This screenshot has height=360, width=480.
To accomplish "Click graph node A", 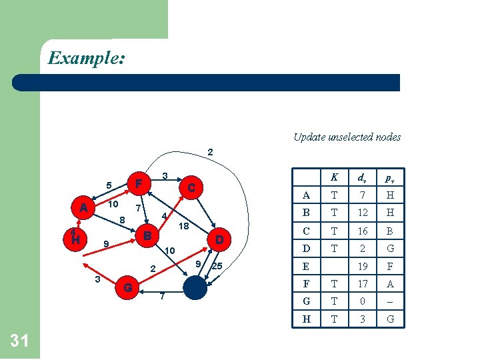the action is coord(83,208).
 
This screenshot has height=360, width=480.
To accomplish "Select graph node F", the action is coord(138,183).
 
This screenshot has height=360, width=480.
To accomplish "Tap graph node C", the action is coord(191,188).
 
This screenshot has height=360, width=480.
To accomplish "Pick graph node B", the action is coord(148,235).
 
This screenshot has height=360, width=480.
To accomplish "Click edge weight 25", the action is coord(217,267).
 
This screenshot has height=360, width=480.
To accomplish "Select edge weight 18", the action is coord(184,227).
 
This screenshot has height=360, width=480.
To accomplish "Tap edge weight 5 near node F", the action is coord(108,185).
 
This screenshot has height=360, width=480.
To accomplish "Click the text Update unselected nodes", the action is coord(347,137).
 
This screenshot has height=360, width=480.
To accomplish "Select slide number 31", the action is coord(19,341).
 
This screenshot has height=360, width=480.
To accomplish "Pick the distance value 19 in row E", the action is coord(363,265).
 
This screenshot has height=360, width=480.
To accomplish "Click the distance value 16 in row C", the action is coord(363,231).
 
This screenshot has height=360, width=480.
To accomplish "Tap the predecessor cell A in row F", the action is coord(391,283).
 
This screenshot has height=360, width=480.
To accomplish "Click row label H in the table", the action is coord(306,319).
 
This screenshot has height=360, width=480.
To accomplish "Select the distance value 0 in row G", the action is coord(363,301).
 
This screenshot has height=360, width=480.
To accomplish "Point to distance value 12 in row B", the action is coord(363,213).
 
